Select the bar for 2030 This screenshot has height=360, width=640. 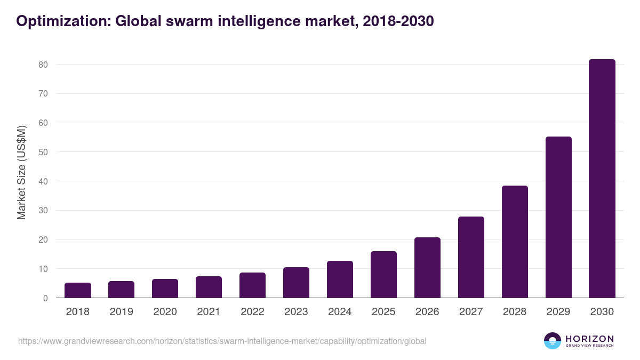(x=602, y=179)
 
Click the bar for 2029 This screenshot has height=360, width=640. (x=558, y=217)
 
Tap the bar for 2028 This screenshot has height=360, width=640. (x=515, y=242)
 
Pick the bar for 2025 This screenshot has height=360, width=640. (x=383, y=274)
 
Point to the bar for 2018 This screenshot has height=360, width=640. (x=78, y=290)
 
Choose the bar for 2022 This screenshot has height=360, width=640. (x=252, y=285)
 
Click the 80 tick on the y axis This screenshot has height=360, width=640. (x=43, y=65)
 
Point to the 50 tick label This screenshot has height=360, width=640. (x=43, y=152)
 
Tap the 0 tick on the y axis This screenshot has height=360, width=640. (x=46, y=298)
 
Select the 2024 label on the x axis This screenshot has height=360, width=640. (x=340, y=312)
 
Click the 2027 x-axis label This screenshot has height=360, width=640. (x=471, y=312)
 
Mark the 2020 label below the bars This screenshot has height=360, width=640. (x=165, y=312)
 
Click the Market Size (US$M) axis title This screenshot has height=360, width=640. (x=21, y=172)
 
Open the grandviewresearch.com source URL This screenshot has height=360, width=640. (x=222, y=341)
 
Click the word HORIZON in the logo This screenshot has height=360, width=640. (x=589, y=339)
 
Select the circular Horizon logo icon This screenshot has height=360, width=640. (x=553, y=341)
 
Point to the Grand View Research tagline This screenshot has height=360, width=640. (x=589, y=346)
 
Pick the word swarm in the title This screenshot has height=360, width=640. (x=183, y=21)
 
